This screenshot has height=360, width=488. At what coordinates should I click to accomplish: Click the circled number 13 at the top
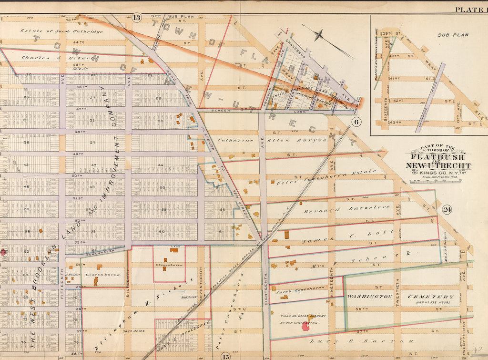click(137, 18)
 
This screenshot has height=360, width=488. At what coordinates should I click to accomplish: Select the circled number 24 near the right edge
click(447, 209)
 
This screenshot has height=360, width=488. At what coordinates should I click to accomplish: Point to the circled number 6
click(357, 122)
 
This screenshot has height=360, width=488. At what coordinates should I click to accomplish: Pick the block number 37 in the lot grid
click(94, 142)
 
